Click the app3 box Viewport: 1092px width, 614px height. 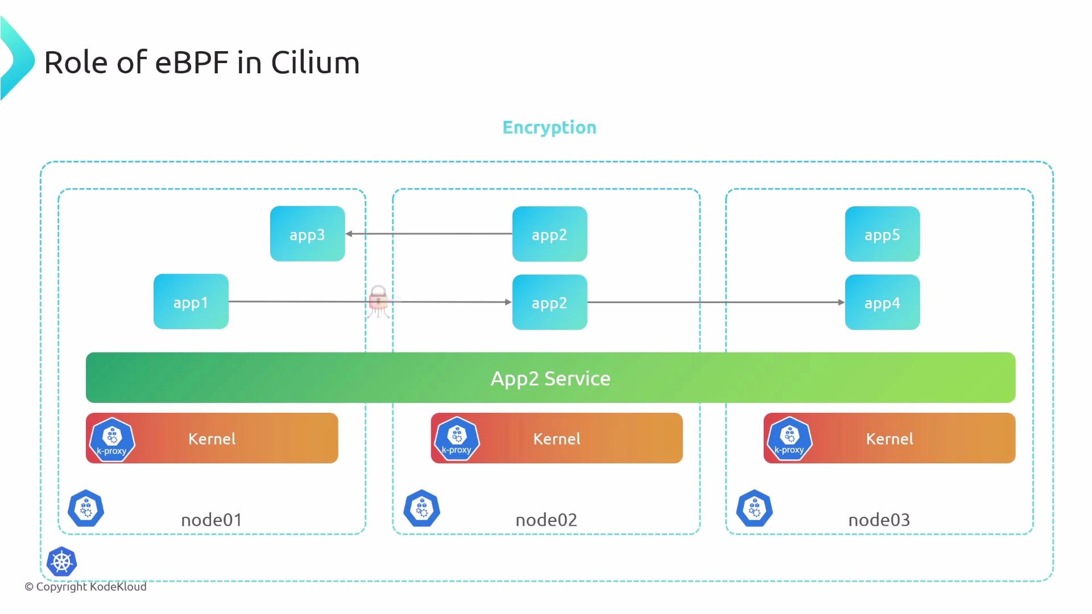tap(307, 234)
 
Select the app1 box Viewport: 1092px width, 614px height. tap(191, 302)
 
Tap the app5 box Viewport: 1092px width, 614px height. tap(882, 234)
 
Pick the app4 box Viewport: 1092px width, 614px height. tap(882, 302)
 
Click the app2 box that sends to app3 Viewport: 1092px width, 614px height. tap(549, 234)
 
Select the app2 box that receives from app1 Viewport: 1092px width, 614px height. tap(549, 302)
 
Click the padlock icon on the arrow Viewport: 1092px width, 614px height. tap(378, 299)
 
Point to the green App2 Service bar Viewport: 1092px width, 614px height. tap(550, 377)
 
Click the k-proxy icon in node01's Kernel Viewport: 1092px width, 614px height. tap(112, 439)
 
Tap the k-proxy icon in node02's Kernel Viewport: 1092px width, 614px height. tap(457, 438)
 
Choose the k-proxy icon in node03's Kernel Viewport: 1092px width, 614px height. tap(789, 438)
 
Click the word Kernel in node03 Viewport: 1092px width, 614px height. tap(889, 438)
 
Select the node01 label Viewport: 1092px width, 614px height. tap(212, 520)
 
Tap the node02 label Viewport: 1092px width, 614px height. tap(546, 520)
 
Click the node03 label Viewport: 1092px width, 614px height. tap(879, 520)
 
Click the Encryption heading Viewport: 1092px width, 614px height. tap(549, 127)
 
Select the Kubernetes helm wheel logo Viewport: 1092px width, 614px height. tap(62, 562)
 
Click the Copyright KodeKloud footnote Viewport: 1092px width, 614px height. tap(85, 587)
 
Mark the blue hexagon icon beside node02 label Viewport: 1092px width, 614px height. tap(421, 508)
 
